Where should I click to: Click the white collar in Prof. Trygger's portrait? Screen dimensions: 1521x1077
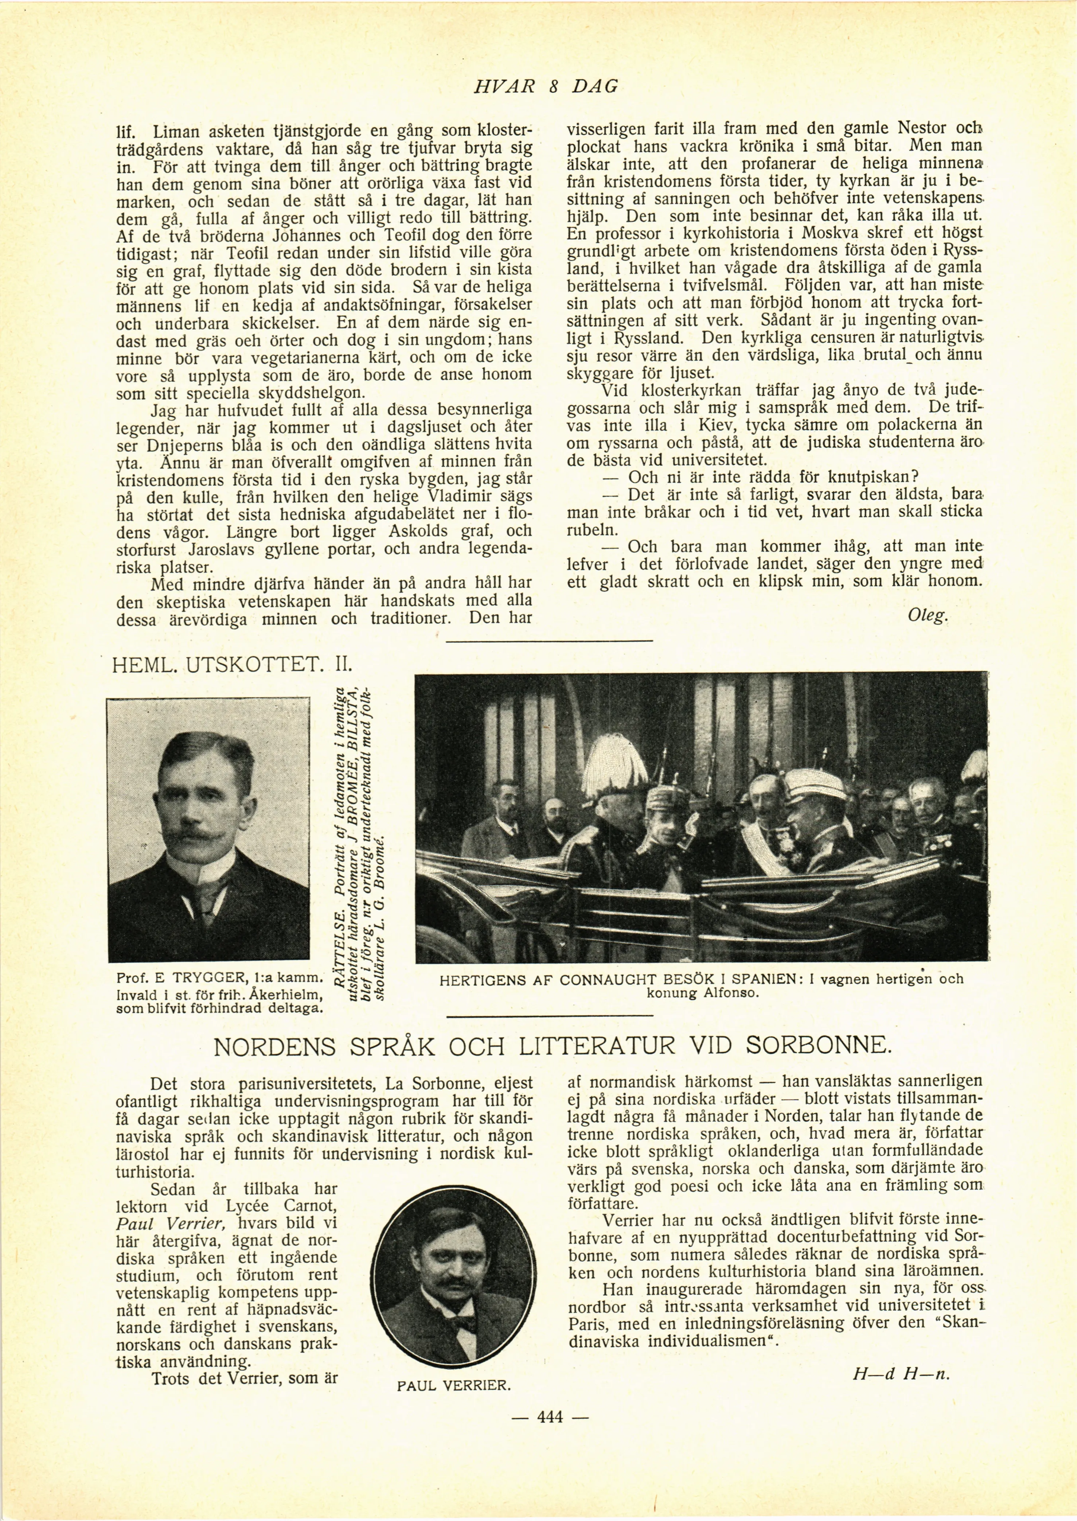point(199,869)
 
